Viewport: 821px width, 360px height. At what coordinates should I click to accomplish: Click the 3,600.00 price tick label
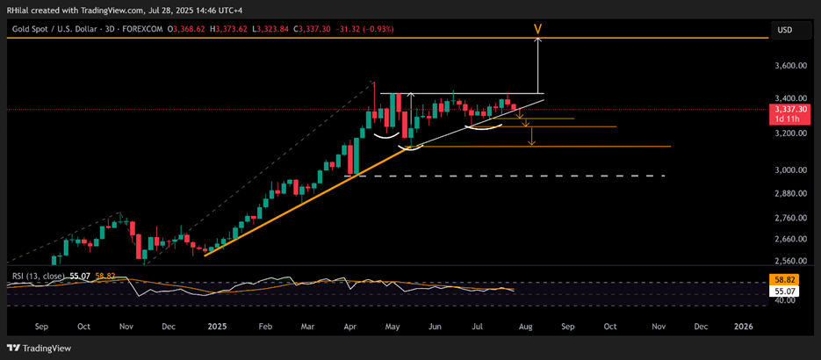click(794, 66)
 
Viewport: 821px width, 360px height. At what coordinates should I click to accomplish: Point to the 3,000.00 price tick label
click(794, 169)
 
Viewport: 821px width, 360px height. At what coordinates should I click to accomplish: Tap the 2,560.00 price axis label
click(794, 261)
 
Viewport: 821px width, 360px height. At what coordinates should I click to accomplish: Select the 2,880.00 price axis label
click(794, 193)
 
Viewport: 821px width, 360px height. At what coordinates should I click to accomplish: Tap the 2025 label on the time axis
click(218, 326)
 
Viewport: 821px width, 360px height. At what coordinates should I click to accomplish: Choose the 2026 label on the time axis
click(743, 326)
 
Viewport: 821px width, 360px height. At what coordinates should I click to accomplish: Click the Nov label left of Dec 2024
click(126, 326)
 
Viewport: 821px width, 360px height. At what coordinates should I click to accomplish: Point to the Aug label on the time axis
click(525, 326)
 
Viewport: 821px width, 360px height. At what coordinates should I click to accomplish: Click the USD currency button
click(785, 30)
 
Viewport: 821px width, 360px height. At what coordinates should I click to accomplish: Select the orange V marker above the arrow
click(537, 29)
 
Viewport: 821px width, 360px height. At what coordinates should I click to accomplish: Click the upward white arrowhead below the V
click(537, 42)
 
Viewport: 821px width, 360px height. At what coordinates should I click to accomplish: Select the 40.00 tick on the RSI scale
click(788, 299)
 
